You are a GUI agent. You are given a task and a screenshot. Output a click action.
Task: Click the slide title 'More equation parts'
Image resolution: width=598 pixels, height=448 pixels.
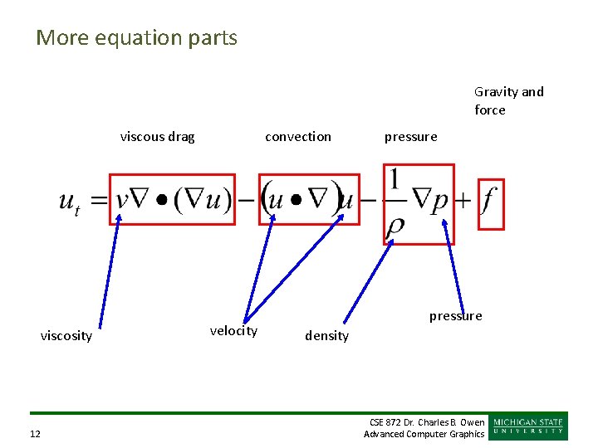[136, 38]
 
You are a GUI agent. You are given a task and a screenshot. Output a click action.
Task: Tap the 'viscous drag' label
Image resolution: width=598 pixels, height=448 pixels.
[157, 137]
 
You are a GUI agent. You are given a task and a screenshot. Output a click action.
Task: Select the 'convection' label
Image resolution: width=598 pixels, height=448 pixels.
[297, 137]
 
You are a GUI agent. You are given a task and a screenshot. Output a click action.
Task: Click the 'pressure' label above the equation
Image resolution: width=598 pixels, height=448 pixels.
[410, 137]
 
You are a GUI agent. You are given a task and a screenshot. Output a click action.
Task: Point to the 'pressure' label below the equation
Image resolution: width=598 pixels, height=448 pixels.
[455, 316]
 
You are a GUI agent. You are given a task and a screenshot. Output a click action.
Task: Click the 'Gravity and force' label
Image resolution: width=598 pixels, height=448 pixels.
[508, 100]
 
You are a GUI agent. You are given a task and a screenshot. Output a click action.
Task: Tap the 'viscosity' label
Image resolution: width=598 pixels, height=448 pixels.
[66, 336]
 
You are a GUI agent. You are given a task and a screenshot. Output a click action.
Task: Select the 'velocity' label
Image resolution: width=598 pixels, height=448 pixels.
[233, 331]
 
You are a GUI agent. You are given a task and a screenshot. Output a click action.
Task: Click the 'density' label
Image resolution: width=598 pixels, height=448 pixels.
[326, 336]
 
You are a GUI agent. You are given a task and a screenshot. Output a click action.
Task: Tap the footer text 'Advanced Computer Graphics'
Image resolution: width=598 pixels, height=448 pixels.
[424, 434]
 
